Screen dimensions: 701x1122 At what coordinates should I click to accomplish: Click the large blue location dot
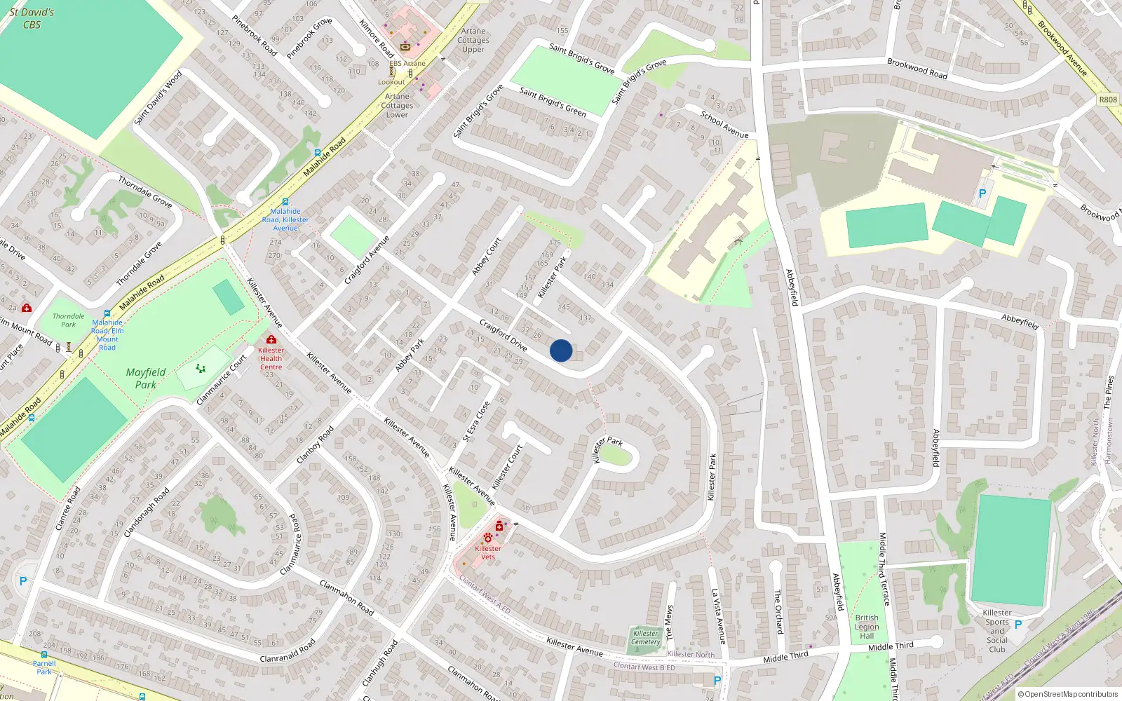561,350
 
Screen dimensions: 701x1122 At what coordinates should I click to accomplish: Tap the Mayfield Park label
146,378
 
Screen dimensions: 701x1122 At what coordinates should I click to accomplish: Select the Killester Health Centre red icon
271,339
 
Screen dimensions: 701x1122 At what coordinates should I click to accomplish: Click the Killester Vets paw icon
488,538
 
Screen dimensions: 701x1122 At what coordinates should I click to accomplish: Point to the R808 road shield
1108,100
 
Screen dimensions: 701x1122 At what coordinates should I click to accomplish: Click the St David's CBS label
32,18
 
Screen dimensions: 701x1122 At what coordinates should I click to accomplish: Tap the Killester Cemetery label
645,637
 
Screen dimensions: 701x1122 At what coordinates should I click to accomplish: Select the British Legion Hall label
867,627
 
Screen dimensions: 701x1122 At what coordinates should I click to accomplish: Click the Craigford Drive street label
503,334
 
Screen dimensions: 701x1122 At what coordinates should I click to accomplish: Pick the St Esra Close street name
476,421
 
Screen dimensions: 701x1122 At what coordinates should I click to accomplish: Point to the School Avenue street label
724,124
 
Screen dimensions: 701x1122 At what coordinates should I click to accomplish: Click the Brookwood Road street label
917,68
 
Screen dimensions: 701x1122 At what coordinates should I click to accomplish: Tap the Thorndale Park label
68,320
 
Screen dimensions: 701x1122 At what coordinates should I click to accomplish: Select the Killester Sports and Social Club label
997,631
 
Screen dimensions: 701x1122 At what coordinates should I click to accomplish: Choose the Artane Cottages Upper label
473,40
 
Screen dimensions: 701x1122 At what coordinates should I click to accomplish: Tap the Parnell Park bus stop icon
44,655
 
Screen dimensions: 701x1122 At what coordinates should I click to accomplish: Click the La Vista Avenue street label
719,616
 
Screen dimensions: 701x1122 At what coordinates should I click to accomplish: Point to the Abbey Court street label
487,256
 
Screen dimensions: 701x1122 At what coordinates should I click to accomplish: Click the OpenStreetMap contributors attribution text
1069,694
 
